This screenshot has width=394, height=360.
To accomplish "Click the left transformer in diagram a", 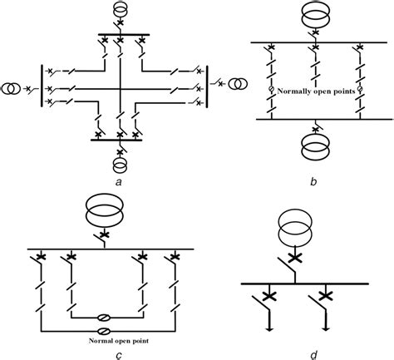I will pyautogui.click(x=11, y=88).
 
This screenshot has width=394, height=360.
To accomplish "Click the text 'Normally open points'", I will pyautogui.click(x=314, y=89).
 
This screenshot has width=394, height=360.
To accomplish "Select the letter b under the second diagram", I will pyautogui.click(x=313, y=180).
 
